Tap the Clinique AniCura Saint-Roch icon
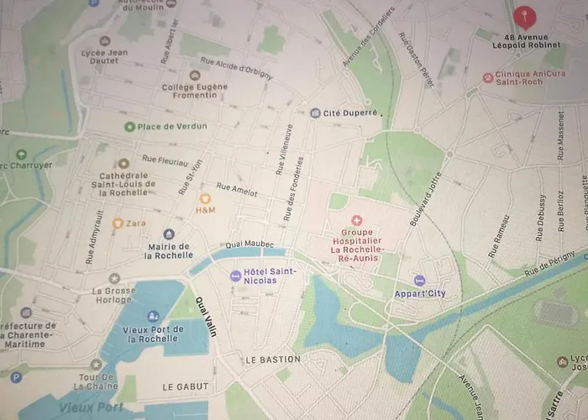488,77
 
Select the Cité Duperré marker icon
315,113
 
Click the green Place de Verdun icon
129,127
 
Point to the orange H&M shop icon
205,198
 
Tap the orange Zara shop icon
118,223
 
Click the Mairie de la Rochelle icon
169,234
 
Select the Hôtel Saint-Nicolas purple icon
235,275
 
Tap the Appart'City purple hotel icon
419,281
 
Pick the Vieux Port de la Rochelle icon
153,316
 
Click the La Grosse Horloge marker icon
114,278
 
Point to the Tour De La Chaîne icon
96,364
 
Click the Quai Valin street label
205,316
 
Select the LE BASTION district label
272,360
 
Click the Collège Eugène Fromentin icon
195,76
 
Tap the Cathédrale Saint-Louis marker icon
123,163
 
